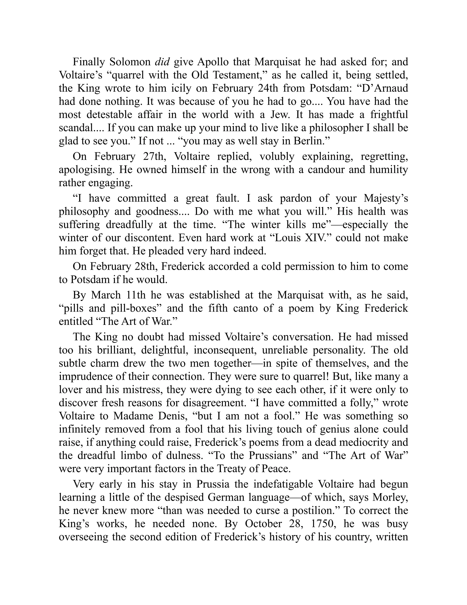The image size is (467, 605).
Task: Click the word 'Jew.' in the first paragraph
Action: pos(280,115)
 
